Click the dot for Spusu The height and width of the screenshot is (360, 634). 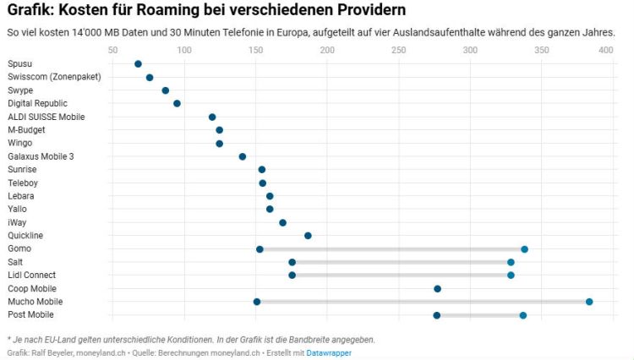[138, 64]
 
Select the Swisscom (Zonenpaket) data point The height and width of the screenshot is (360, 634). [150, 78]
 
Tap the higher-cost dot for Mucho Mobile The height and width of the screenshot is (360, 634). [589, 302]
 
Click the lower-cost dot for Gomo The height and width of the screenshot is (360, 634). [260, 249]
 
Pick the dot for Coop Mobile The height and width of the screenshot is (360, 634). [437, 289]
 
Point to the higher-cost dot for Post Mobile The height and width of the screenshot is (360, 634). [523, 315]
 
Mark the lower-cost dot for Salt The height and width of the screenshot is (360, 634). [292, 263]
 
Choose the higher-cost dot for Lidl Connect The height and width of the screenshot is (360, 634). [511, 275]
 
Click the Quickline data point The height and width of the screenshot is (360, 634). [308, 236]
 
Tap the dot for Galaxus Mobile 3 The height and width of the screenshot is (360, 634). [243, 156]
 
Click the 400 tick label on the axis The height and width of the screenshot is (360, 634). [605, 51]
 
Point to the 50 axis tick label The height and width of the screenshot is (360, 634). [114, 51]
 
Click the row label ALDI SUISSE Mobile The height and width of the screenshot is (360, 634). [46, 117]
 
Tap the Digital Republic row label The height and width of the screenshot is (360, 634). [37, 103]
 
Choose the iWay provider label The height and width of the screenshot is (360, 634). [17, 222]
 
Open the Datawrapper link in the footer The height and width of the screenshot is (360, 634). [329, 353]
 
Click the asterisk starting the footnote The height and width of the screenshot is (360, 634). [9, 339]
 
